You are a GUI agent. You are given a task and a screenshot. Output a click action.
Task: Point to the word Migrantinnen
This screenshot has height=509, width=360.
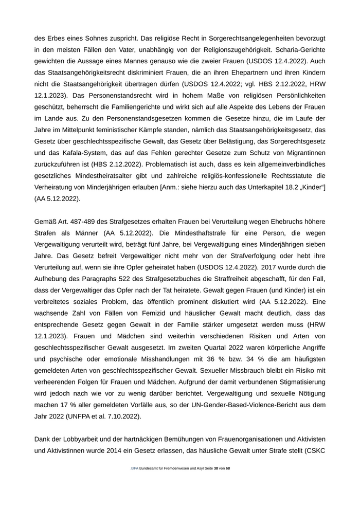300,153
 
